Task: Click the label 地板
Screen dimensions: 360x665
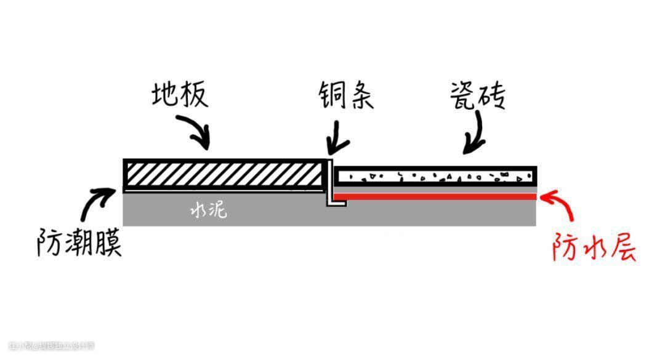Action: (x=180, y=97)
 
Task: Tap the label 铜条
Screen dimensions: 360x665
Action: (x=345, y=97)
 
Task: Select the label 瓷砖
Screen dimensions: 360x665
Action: (x=477, y=97)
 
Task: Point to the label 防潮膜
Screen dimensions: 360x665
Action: (x=78, y=243)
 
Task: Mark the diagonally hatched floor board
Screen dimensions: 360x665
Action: (x=224, y=174)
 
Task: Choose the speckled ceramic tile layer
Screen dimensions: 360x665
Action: (x=435, y=177)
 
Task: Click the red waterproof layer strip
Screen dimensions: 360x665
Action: (x=435, y=196)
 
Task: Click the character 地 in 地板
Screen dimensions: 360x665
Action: (x=166, y=97)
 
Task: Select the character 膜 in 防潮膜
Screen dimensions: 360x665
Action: (x=107, y=243)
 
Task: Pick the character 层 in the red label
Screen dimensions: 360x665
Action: (x=623, y=248)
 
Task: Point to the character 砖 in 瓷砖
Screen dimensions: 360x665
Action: (x=493, y=97)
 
